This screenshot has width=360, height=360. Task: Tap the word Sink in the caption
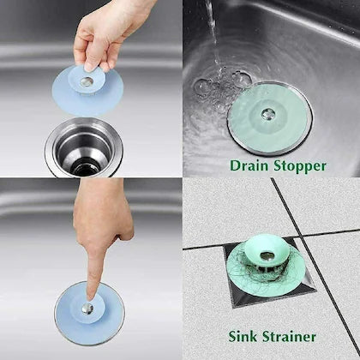(x=244, y=336)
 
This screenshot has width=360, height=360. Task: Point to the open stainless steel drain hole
(x=85, y=151)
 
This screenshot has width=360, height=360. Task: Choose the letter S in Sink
(x=231, y=336)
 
